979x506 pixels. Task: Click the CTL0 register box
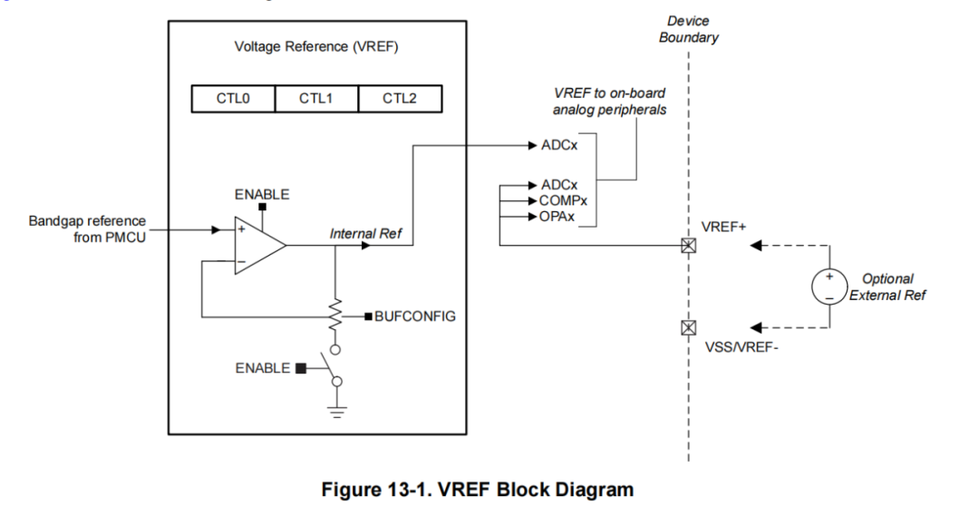pyautogui.click(x=232, y=98)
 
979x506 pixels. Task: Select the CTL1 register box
pyautogui.click(x=316, y=98)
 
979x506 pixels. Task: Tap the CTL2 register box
pyautogui.click(x=400, y=98)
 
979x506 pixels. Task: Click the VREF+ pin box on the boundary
pyautogui.click(x=689, y=245)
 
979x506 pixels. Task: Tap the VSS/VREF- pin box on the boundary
pyautogui.click(x=689, y=327)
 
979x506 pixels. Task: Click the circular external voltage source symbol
pyautogui.click(x=829, y=287)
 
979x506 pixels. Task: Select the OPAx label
pyautogui.click(x=557, y=218)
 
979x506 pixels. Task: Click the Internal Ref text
pyautogui.click(x=365, y=234)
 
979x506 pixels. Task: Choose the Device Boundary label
pyautogui.click(x=689, y=29)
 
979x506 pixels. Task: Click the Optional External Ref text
pyautogui.click(x=887, y=287)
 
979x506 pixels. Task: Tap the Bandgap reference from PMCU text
pyautogui.click(x=87, y=229)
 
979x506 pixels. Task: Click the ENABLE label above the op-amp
pyautogui.click(x=262, y=195)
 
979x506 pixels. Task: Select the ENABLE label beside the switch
pyautogui.click(x=263, y=368)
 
